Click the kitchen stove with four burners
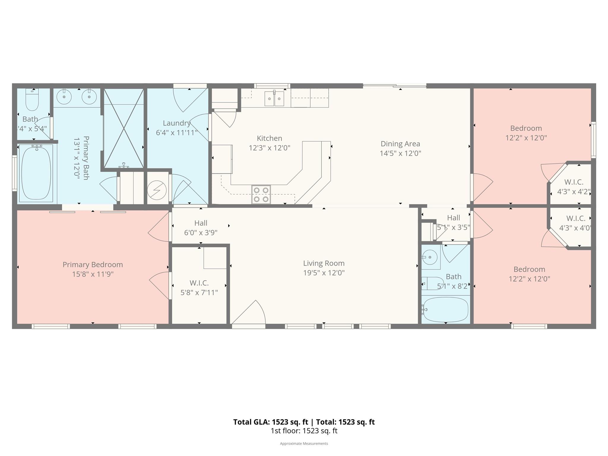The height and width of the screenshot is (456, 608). [261, 194]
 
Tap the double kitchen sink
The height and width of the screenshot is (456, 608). [274, 99]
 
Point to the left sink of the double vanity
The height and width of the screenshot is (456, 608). [64, 96]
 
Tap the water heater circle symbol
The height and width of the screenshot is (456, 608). [157, 190]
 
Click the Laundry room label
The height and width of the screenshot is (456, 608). [177, 123]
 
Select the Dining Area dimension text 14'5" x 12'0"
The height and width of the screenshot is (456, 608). [400, 153]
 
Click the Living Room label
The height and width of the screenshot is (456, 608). [324, 263]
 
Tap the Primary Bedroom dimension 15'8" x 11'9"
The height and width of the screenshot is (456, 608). [93, 274]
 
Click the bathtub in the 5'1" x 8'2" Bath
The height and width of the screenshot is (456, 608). [446, 310]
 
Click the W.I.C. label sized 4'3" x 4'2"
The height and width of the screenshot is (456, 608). [574, 182]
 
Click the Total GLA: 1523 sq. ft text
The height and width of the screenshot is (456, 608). [270, 422]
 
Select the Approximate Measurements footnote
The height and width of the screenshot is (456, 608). [304, 444]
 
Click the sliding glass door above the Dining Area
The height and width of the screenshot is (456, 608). [395, 86]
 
